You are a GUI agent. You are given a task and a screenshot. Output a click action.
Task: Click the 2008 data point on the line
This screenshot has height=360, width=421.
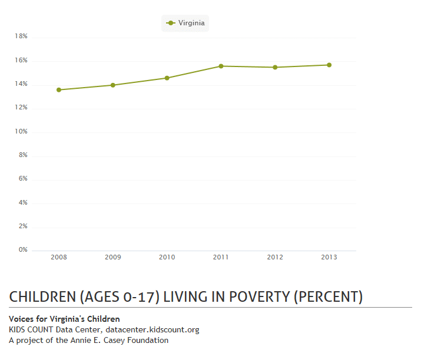[59, 90]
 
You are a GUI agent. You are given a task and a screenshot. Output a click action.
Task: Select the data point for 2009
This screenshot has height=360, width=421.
[113, 85]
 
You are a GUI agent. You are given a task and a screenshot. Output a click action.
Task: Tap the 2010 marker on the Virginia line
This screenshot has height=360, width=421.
[167, 78]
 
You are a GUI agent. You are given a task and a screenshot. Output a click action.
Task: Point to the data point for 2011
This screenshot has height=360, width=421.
[221, 66]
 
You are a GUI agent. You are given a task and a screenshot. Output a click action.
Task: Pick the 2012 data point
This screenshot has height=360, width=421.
[275, 67]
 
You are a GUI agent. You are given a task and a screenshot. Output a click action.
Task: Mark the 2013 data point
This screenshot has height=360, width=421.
[329, 65]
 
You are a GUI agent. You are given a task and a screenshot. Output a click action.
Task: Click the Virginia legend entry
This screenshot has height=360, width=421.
[185, 23]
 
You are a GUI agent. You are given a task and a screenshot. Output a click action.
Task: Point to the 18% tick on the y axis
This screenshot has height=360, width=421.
[21, 36]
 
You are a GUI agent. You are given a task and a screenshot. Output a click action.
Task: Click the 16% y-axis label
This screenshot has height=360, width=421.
[21, 61]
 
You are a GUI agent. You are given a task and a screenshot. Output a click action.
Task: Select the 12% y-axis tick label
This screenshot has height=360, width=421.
[21, 108]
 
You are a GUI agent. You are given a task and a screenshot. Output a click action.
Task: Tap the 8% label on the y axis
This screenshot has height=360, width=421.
[23, 155]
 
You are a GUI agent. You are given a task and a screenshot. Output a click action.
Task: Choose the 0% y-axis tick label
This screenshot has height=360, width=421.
[23, 250]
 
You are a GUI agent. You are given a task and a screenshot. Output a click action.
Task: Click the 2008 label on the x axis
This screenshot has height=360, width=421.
[59, 257]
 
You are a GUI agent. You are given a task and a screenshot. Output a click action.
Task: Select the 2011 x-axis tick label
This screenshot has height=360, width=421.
[221, 257]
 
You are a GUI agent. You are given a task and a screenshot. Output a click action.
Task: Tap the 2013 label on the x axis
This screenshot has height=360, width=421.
[329, 257]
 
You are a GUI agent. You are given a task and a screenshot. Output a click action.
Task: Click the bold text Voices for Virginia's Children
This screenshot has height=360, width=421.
[65, 319]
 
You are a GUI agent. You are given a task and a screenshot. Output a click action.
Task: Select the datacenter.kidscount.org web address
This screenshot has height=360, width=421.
[153, 329]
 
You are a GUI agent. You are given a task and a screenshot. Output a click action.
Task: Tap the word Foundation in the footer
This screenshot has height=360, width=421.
[147, 340]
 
